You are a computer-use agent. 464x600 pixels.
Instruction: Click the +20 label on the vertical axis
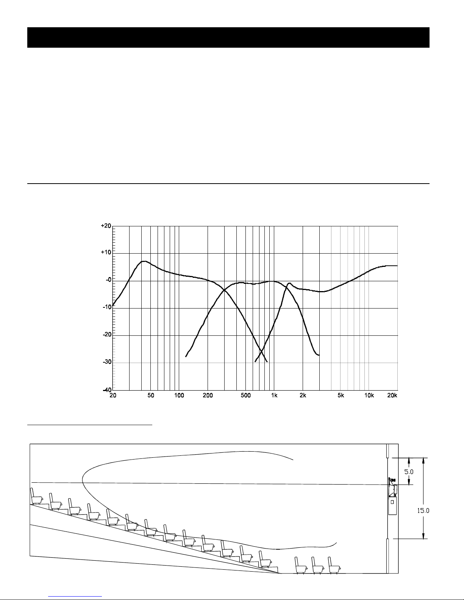tap(106, 226)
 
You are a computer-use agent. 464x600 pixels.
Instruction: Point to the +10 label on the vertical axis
tap(106, 252)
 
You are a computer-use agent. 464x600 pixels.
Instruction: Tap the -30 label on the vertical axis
tap(107, 362)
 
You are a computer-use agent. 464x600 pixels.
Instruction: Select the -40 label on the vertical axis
tap(107, 390)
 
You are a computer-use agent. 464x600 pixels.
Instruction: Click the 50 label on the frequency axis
tap(151, 396)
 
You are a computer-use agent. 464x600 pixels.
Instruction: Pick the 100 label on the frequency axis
tap(179, 396)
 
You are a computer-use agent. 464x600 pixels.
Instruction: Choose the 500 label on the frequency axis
tap(245, 396)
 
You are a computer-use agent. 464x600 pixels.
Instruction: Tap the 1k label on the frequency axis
tap(274, 396)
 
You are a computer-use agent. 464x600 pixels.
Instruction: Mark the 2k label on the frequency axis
tap(303, 396)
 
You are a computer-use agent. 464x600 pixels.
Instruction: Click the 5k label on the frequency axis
tap(341, 396)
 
